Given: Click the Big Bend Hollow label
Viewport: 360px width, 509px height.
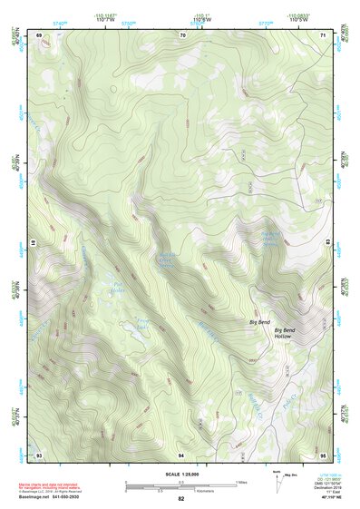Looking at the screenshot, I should point(290,335).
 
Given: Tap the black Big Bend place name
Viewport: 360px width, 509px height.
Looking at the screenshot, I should point(259,322).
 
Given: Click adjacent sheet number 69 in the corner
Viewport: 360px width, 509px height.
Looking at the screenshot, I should point(39,34).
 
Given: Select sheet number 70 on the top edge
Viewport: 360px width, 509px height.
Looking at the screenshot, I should point(182,34).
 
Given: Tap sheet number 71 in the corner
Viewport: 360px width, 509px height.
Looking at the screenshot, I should point(324,34).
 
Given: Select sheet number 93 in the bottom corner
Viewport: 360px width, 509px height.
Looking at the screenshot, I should point(39,454).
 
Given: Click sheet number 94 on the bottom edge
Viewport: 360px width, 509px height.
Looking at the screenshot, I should point(182,454).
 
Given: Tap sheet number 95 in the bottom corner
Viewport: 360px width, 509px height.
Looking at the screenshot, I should point(323,454).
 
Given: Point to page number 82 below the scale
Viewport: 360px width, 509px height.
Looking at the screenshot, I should point(181,499).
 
